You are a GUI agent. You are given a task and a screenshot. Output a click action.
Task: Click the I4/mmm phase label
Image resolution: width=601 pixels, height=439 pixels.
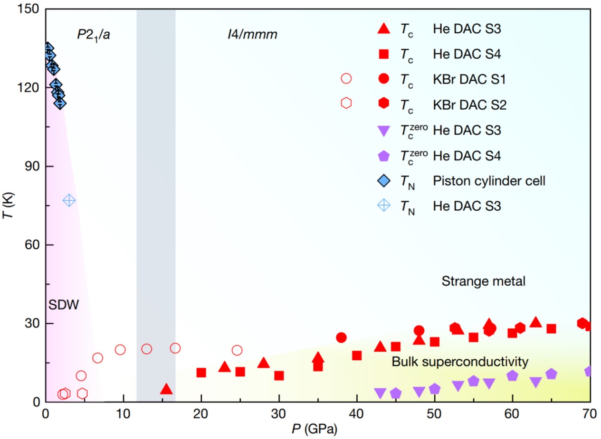[251, 35]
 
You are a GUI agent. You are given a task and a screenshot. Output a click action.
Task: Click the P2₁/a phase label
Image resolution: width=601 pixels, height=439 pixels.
[94, 35]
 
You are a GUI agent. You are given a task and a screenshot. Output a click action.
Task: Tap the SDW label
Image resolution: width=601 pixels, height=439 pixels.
[63, 304]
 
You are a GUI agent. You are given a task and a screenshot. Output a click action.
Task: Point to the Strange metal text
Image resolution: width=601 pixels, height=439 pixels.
[483, 281]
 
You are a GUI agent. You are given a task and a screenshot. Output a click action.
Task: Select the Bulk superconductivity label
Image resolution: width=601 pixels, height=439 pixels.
[460, 362]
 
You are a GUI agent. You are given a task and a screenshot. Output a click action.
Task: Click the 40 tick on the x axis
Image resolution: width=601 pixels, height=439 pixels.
[357, 411]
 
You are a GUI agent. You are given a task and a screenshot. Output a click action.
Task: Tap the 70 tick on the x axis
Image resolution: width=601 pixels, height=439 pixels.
[590, 411]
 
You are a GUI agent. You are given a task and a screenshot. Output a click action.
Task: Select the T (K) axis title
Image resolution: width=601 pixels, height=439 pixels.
[11, 205]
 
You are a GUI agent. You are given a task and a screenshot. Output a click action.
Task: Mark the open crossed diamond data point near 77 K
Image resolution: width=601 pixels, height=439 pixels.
[69, 200]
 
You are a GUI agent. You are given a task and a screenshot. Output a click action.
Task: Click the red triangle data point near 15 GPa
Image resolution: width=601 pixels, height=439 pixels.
[166, 389]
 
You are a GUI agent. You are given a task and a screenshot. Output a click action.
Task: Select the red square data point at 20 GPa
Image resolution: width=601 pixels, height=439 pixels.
[201, 373]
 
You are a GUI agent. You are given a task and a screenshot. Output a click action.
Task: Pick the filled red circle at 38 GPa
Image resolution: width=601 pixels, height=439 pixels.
[341, 337]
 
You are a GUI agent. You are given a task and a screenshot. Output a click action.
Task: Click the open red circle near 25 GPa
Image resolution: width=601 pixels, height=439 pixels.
[237, 350]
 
